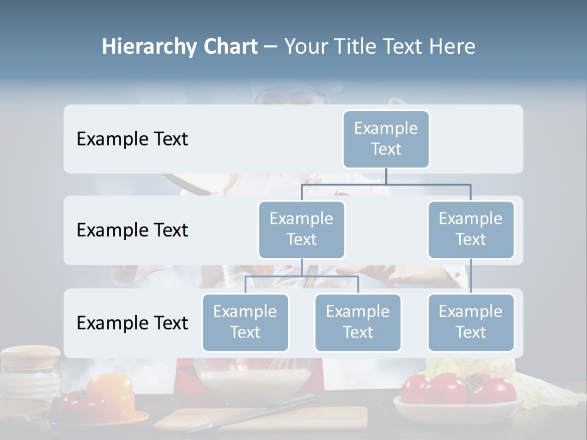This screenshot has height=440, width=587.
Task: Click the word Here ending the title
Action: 452,46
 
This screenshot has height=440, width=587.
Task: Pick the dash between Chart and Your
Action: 271,46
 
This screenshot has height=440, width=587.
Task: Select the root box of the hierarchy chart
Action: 386,139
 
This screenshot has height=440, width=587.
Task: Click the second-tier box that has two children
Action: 301,229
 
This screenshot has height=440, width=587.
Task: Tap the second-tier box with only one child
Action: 471,229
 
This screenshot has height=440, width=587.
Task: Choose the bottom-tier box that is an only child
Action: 471,322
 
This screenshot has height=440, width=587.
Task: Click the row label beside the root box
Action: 132,139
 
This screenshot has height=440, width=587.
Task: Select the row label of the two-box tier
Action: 132,230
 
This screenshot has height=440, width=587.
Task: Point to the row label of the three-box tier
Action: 132,323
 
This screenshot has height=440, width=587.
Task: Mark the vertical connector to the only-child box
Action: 471,276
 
